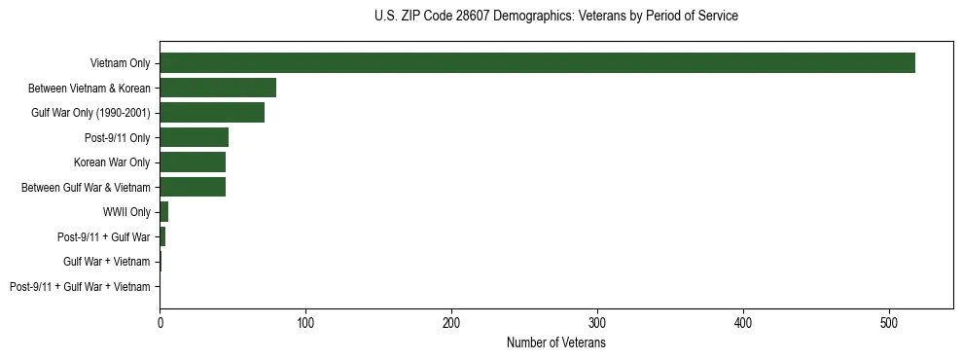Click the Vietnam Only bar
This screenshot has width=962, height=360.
pos(537,63)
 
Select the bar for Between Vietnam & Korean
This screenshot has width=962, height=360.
pos(218,88)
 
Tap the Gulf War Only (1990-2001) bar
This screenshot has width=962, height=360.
pos(212,113)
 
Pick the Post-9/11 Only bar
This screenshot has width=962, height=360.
pos(194,137)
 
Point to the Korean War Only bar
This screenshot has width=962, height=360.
pos(193,162)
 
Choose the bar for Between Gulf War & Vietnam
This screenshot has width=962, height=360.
pos(193,187)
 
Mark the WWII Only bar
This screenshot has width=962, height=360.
pos(164,212)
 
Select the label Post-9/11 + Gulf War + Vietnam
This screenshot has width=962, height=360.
pos(80,287)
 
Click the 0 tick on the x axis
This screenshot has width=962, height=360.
pos(160,323)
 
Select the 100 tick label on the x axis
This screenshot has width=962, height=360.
pos(305,323)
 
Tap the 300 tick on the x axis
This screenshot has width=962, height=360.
pos(597,323)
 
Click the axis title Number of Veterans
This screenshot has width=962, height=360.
pos(556,343)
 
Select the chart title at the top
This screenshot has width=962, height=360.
pos(555,17)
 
